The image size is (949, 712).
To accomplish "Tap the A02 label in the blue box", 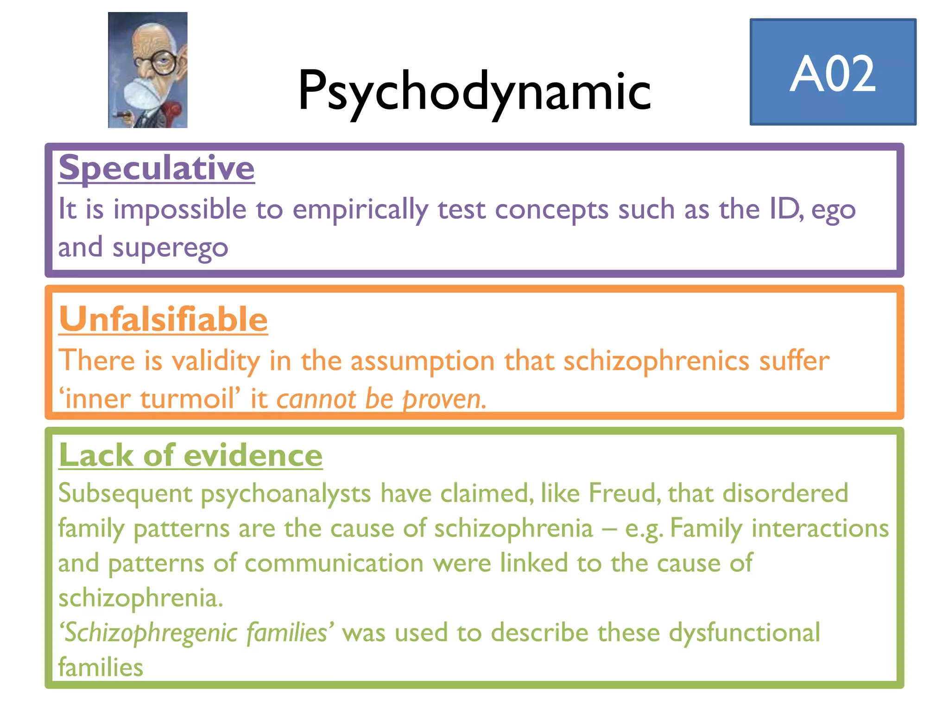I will click(833, 73).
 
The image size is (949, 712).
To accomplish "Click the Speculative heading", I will click(157, 167).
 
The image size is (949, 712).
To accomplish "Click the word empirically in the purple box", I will click(360, 210).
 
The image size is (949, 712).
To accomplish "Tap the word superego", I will click(170, 248).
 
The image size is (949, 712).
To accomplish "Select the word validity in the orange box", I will click(215, 361).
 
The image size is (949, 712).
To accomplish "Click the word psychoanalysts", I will click(285, 493).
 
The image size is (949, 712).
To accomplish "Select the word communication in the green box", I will click(334, 563).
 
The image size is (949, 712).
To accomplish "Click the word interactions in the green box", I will click(820, 528).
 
